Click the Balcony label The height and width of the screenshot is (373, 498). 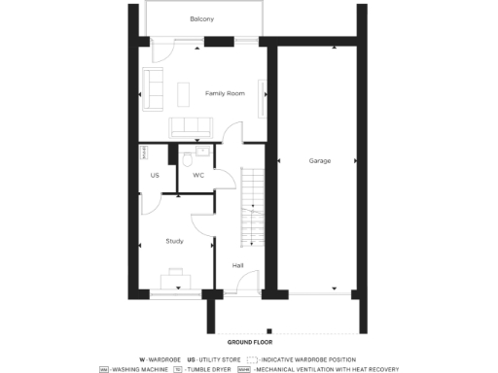pyautogui.click(x=202, y=19)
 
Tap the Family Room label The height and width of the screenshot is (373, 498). pyautogui.click(x=225, y=93)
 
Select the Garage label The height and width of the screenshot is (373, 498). pyautogui.click(x=318, y=160)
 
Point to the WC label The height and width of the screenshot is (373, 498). pyautogui.click(x=198, y=176)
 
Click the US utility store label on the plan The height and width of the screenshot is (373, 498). pyautogui.click(x=155, y=176)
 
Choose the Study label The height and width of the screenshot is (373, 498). pyautogui.click(x=175, y=240)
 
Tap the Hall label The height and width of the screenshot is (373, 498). pyautogui.click(x=238, y=264)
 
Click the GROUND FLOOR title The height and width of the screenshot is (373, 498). pyautogui.click(x=250, y=343)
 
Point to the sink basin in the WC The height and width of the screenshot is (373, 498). pyautogui.click(x=203, y=152)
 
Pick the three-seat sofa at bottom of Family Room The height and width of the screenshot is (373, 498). pyautogui.click(x=190, y=127)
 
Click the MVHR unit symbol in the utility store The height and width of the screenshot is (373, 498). pyautogui.click(x=144, y=153)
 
